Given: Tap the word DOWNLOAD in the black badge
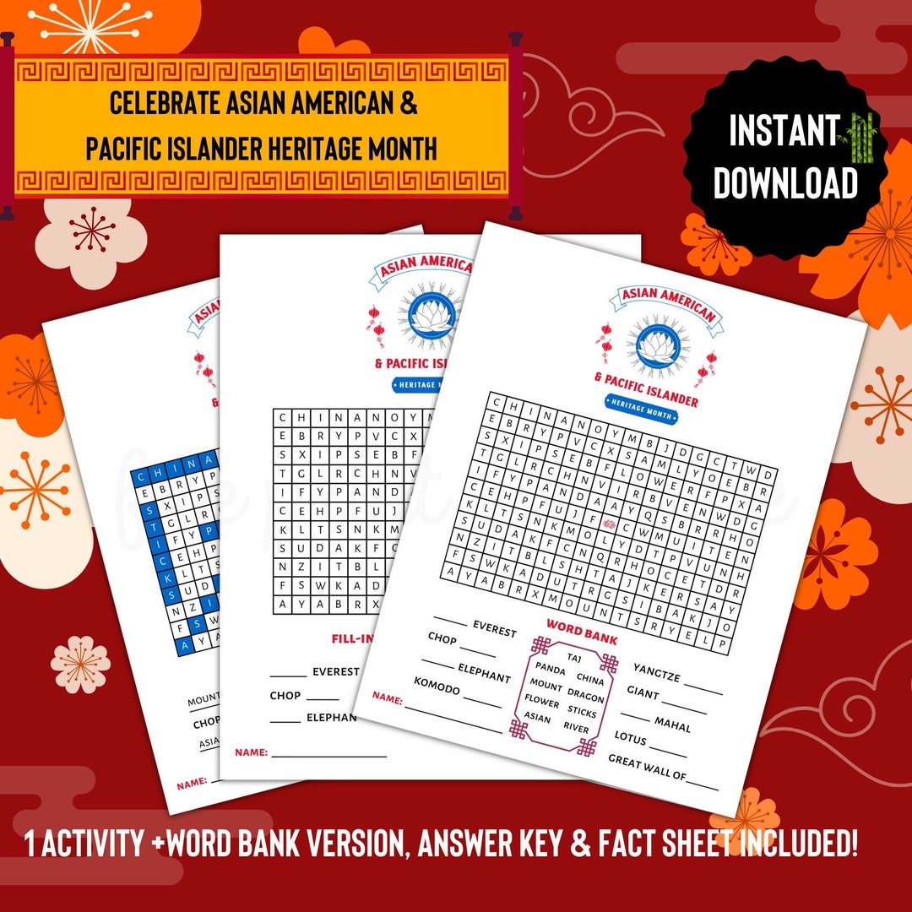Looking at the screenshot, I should [785, 182].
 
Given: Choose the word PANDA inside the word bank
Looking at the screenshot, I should [550, 670].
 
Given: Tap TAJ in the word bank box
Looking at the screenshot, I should [575, 656].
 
